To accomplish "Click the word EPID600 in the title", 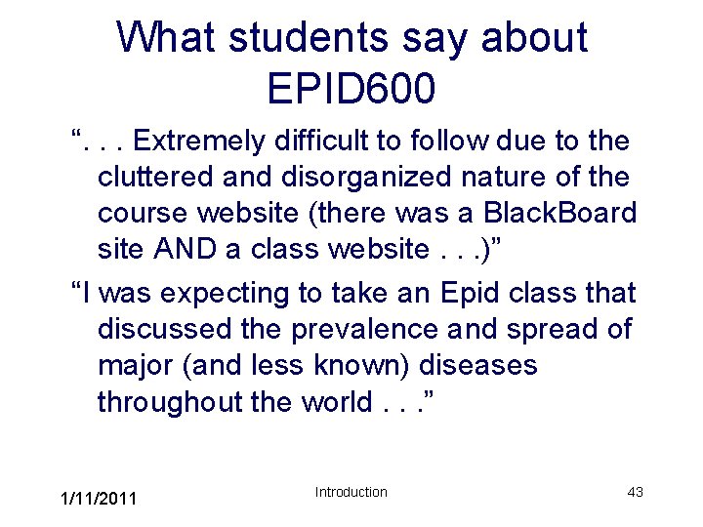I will coord(351,88).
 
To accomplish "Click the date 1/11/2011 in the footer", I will coord(99,500).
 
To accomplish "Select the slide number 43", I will coord(635,492).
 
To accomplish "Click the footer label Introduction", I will coord(351,492).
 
